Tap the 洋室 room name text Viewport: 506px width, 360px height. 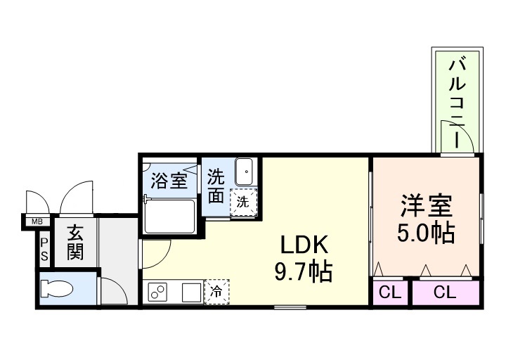(x=427, y=207)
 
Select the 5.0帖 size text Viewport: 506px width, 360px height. (x=427, y=233)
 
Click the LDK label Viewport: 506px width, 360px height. (x=304, y=244)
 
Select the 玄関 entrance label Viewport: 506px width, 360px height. (x=74, y=242)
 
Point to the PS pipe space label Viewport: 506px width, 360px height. (x=44, y=248)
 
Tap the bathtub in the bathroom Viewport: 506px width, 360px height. (x=169, y=216)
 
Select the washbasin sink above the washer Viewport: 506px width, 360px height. (x=246, y=171)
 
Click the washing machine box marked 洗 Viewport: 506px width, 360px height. (x=242, y=202)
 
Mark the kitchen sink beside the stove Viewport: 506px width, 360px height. (x=190, y=290)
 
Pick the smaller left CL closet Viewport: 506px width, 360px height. (x=390, y=292)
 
